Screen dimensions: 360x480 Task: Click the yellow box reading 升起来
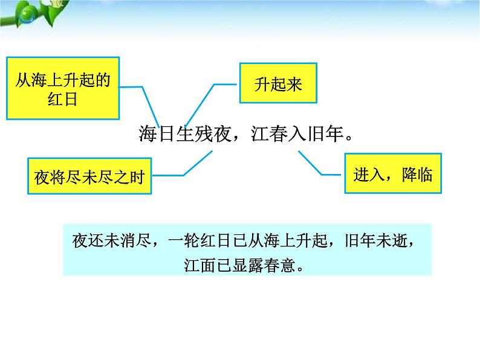(278, 84)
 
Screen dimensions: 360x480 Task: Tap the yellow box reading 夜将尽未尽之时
(89, 177)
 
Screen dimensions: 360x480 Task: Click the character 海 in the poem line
(148, 134)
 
